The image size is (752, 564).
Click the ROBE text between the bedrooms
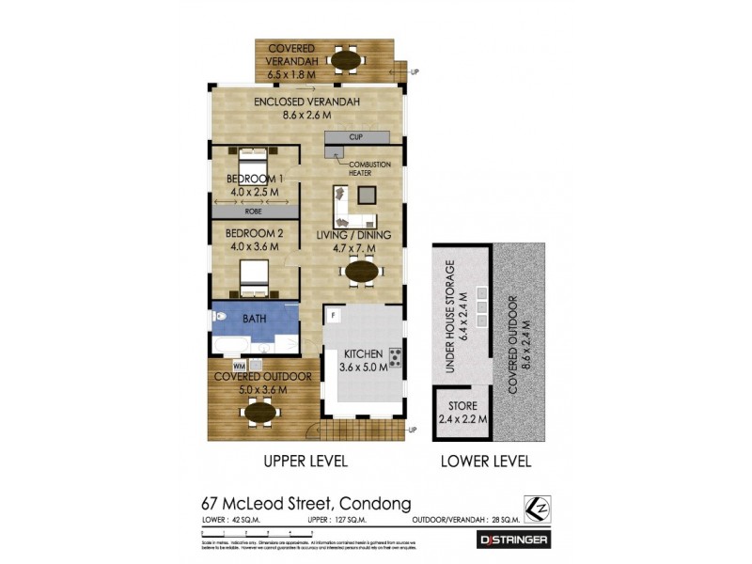point(254,211)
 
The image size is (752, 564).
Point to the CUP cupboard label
point(356,138)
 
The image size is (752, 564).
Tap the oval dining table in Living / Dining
point(364,272)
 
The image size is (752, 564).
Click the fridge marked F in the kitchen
point(334,315)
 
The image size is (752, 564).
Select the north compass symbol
point(537,507)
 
